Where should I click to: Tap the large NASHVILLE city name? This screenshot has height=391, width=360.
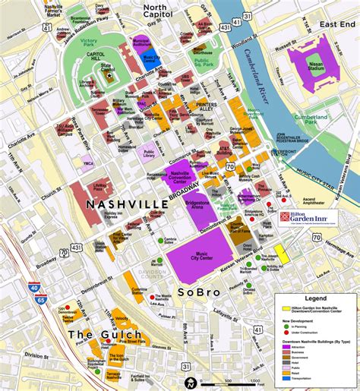coord(127,205)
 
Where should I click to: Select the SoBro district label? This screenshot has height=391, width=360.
coord(199,292)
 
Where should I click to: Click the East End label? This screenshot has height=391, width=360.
coord(336,25)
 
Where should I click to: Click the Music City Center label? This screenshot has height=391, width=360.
coord(201,257)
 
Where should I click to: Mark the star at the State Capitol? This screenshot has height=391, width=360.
coord(110,74)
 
